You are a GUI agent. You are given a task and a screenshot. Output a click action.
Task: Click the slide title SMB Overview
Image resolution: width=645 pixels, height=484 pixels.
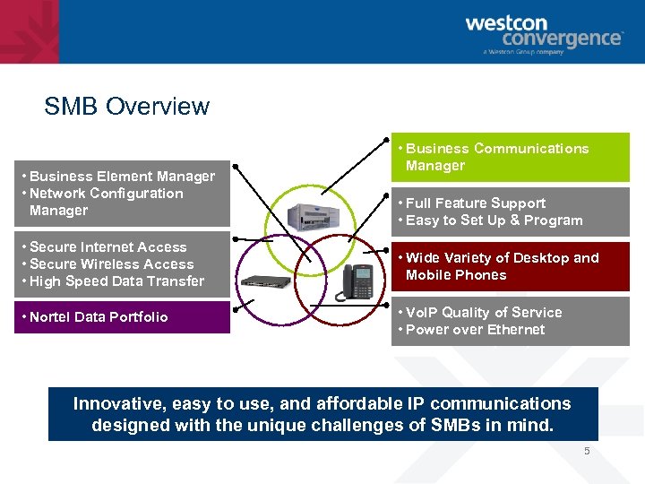[126, 107]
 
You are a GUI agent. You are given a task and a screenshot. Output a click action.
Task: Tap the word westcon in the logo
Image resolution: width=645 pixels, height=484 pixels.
[508, 24]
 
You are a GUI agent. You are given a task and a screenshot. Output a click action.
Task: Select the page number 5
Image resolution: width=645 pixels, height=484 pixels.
[588, 451]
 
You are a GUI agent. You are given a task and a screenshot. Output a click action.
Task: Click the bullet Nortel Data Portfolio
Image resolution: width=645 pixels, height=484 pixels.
[99, 317]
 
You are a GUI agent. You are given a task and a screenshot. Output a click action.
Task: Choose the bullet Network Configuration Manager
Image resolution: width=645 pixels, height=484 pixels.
[106, 202]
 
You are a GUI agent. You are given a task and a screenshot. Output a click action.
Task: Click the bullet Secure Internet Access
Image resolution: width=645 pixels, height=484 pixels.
[107, 247]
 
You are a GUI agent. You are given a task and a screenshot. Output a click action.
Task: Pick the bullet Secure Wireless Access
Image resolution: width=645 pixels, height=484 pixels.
[111, 264]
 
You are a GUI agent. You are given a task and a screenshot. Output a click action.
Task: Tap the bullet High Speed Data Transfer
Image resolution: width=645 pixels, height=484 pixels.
[116, 281]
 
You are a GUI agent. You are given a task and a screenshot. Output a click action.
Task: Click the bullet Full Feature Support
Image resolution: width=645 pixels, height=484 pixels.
[475, 203]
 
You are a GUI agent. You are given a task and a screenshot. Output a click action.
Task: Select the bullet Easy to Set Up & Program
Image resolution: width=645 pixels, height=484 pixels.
[494, 220]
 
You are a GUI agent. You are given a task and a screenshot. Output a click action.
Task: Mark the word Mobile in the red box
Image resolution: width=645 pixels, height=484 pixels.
[430, 275]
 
